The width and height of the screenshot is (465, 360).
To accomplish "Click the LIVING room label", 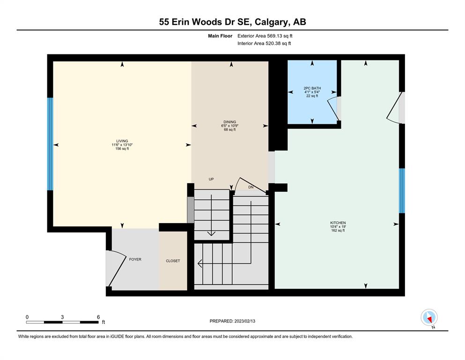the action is pos(122,141).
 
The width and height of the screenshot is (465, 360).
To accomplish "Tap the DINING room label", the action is pos(230,122).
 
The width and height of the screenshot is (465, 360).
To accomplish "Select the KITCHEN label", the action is pos(338,223).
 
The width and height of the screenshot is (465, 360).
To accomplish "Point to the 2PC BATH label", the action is pos(312,88).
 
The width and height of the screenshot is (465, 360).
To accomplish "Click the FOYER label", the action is pos(135,259).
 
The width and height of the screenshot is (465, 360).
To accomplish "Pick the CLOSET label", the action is pos(173,261).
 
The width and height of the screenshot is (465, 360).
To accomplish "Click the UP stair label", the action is pos(211,179).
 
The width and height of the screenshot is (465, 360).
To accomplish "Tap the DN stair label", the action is pos(251,187).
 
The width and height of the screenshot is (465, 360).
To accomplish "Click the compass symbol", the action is pos(429,317).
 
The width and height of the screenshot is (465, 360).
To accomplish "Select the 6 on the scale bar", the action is pos(98,317).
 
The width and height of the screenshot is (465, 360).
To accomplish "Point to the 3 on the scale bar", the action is pos(62,317).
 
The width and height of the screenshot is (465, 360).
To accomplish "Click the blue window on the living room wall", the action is pos(51,144).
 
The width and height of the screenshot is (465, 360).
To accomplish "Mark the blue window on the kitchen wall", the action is pos(402,191).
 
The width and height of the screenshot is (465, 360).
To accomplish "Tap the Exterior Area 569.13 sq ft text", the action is pos(265,36).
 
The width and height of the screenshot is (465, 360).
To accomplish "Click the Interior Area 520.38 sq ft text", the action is pos(264,43).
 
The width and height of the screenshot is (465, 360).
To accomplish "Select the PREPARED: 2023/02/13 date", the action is pos(232,321).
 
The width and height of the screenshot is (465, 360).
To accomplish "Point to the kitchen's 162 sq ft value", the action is pos(338,231).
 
